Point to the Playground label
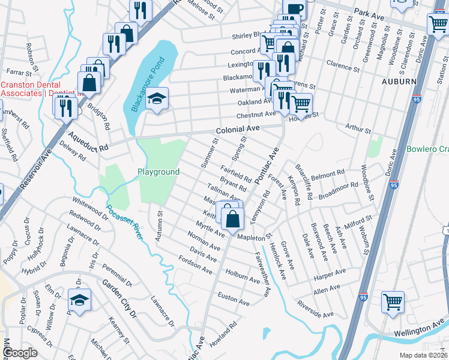(158, 172)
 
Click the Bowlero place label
(427, 149)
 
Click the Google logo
(20, 353)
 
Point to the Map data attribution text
(423, 355)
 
